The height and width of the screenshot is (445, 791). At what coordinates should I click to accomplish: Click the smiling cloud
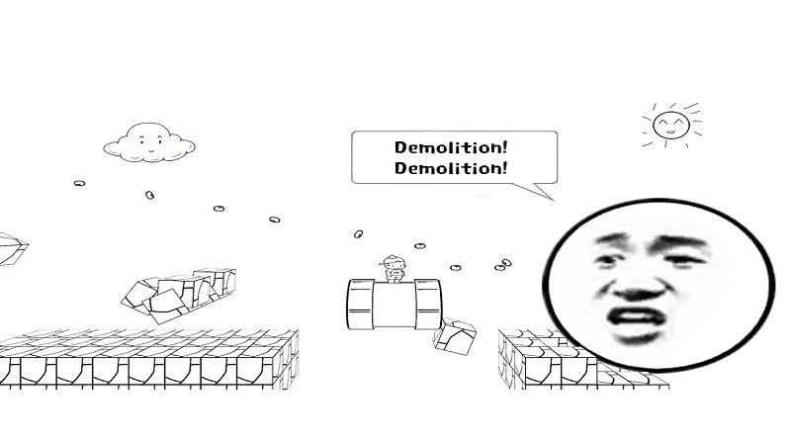[149, 142]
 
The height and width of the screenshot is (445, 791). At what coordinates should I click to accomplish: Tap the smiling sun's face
[671, 126]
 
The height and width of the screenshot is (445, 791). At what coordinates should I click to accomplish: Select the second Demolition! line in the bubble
[451, 168]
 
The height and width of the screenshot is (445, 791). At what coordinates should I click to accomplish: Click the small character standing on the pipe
[394, 269]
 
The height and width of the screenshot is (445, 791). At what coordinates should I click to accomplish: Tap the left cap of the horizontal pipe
[360, 305]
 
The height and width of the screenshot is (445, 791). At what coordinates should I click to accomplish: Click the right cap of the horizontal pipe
[428, 305]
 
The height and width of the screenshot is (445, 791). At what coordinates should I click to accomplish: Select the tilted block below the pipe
[455, 336]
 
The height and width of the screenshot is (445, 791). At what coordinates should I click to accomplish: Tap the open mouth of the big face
[636, 321]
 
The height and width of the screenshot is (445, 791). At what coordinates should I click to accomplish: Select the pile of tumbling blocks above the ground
[179, 295]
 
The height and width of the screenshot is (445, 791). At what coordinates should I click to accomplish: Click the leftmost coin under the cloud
[79, 183]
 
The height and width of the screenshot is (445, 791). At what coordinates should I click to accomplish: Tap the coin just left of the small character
[358, 234]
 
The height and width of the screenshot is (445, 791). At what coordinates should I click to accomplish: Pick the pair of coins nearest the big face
[503, 265]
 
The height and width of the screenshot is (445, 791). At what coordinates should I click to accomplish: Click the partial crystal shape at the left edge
[13, 249]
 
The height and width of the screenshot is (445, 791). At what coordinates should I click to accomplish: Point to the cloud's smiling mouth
[150, 150]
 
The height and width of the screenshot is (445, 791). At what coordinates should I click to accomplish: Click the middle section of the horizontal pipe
[395, 305]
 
